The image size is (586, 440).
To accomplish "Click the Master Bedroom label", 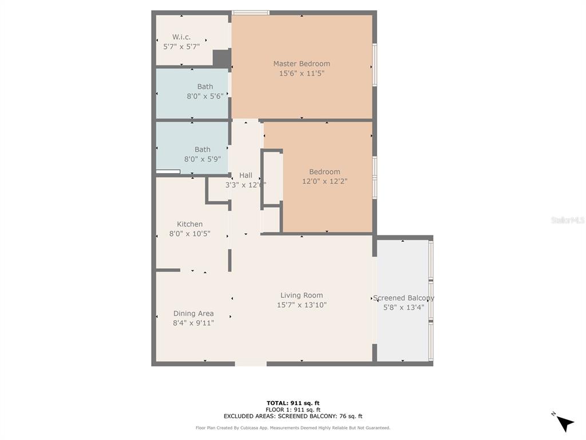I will click(x=301, y=64).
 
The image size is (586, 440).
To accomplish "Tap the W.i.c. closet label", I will click(x=181, y=37).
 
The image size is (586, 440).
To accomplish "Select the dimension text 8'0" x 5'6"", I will click(x=205, y=96).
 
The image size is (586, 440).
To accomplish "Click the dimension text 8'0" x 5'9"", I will click(x=202, y=159).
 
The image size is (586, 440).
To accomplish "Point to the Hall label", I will click(x=246, y=175).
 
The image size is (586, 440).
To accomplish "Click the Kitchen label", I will click(x=189, y=224).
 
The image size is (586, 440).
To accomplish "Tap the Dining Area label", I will click(x=193, y=313).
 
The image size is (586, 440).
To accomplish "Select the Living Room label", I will click(x=302, y=296).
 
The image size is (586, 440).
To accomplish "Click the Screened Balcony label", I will click(x=403, y=298).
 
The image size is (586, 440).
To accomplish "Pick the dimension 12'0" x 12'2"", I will click(x=324, y=181).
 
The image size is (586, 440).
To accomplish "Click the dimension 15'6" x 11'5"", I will click(x=301, y=73).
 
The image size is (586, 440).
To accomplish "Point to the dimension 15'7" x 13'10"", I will click(x=302, y=305).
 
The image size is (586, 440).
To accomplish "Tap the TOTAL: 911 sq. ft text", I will click(x=292, y=403).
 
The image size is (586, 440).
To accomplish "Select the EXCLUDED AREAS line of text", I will click(x=292, y=417).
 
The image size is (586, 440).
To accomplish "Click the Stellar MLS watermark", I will click(x=567, y=220).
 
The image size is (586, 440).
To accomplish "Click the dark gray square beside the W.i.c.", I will click(x=221, y=58).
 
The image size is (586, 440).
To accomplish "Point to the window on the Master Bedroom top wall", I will click(x=251, y=13).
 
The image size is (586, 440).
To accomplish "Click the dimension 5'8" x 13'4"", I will click(x=403, y=307).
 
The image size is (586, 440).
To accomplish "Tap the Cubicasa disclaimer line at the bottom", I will click(x=292, y=428).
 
